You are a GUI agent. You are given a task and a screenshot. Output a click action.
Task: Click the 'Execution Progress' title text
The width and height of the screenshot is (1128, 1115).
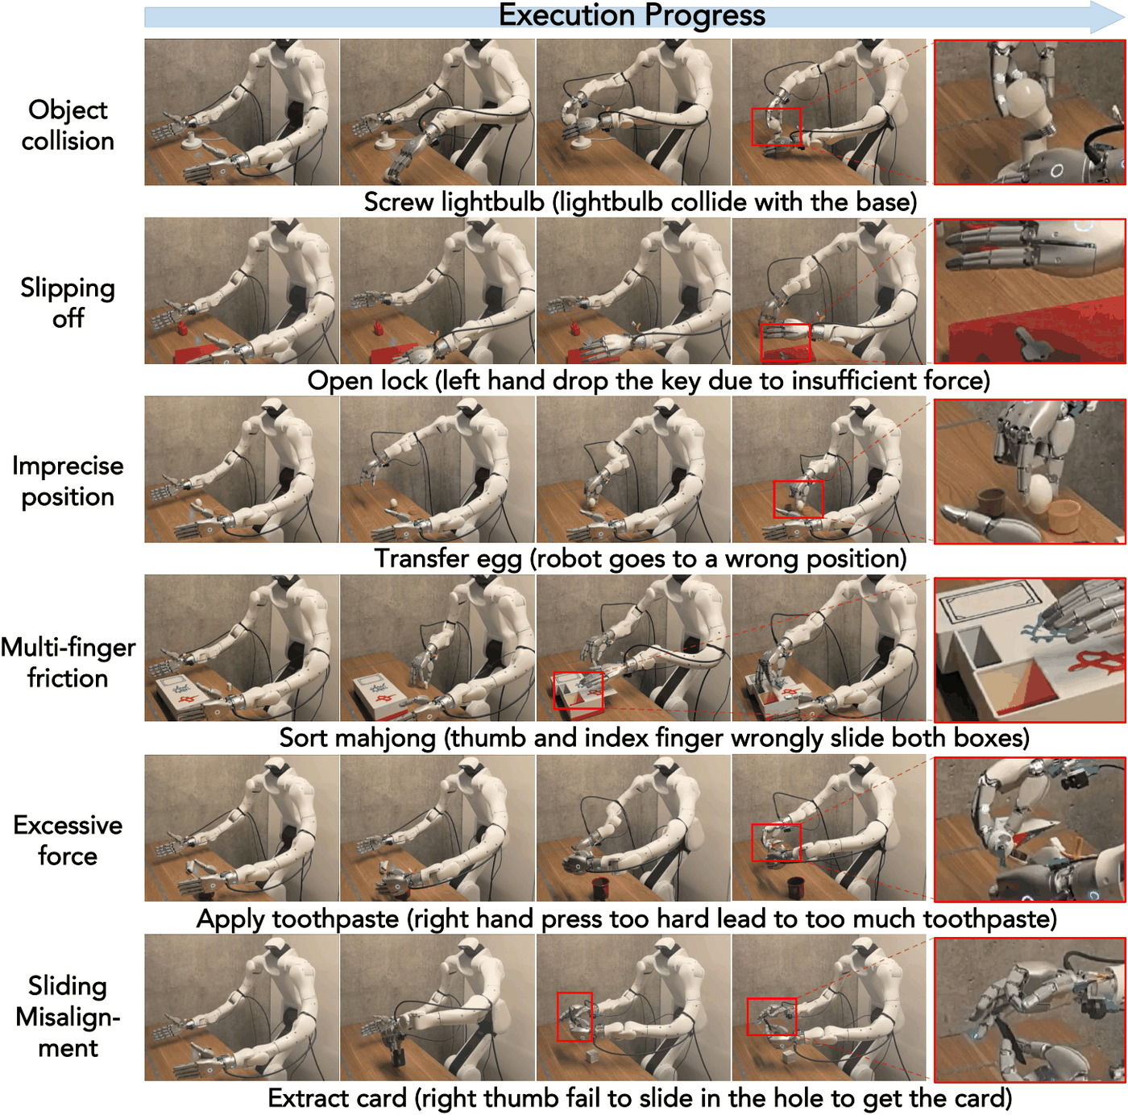pyautogui.click(x=631, y=15)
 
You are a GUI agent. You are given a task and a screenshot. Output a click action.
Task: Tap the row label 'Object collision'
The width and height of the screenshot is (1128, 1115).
pyautogui.click(x=68, y=125)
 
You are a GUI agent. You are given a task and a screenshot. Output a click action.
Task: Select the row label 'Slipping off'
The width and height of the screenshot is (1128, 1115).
pyautogui.click(x=68, y=303)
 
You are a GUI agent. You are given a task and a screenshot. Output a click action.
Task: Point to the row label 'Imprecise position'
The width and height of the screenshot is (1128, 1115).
pyautogui.click(x=68, y=481)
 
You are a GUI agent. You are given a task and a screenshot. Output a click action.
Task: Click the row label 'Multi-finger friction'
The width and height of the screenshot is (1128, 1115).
pyautogui.click(x=68, y=662)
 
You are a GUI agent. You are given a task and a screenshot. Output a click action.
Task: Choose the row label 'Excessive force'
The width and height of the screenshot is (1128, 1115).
pyautogui.click(x=68, y=840)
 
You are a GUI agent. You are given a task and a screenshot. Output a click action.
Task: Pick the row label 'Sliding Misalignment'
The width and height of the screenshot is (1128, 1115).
pyautogui.click(x=68, y=1017)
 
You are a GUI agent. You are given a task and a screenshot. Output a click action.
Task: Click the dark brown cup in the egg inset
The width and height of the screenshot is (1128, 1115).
pyautogui.click(x=992, y=502)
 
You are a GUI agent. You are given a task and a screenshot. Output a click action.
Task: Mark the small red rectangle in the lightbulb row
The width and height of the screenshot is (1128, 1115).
pyautogui.click(x=776, y=126)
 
